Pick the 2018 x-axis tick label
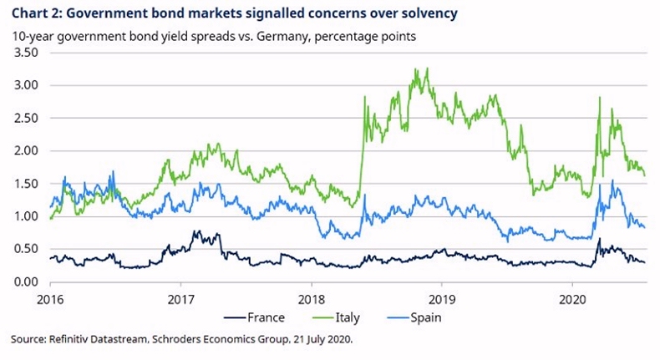[312, 297]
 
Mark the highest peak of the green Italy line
[427, 68]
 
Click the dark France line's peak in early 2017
[196, 231]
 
